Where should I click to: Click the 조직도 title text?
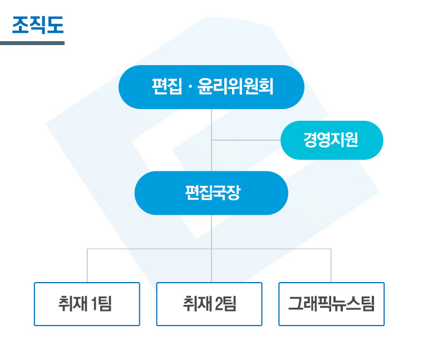click(x=38, y=25)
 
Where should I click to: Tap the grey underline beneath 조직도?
click(x=32, y=43)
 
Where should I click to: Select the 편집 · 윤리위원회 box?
click(x=211, y=87)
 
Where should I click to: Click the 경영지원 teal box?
click(x=332, y=140)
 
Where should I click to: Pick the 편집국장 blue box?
click(x=211, y=193)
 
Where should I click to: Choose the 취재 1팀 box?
click(x=87, y=304)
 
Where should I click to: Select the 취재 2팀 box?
click(x=209, y=304)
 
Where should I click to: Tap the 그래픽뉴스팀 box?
click(x=332, y=304)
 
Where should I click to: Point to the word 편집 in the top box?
click(x=164, y=87)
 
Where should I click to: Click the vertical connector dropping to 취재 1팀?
click(x=87, y=266)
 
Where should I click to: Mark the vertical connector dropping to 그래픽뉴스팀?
click(x=332, y=266)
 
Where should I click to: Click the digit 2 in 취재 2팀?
click(x=218, y=304)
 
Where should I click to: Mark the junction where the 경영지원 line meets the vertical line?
click(x=211, y=140)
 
